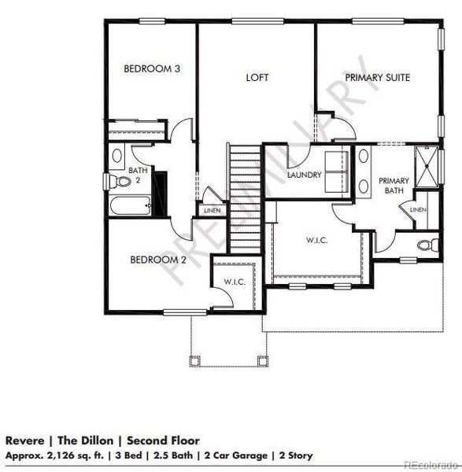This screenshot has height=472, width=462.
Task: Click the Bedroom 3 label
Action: [153, 69]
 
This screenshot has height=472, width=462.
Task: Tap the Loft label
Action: [257, 77]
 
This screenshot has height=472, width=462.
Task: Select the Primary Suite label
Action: [378, 77]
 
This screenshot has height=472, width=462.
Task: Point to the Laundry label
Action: [305, 175]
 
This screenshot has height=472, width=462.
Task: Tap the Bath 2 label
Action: [138, 175]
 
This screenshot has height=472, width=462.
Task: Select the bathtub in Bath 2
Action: [130, 207]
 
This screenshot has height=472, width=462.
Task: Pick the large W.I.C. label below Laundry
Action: [316, 239]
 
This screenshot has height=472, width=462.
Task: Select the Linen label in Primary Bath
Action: [418, 210]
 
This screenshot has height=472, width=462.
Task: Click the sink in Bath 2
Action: [118, 154]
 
